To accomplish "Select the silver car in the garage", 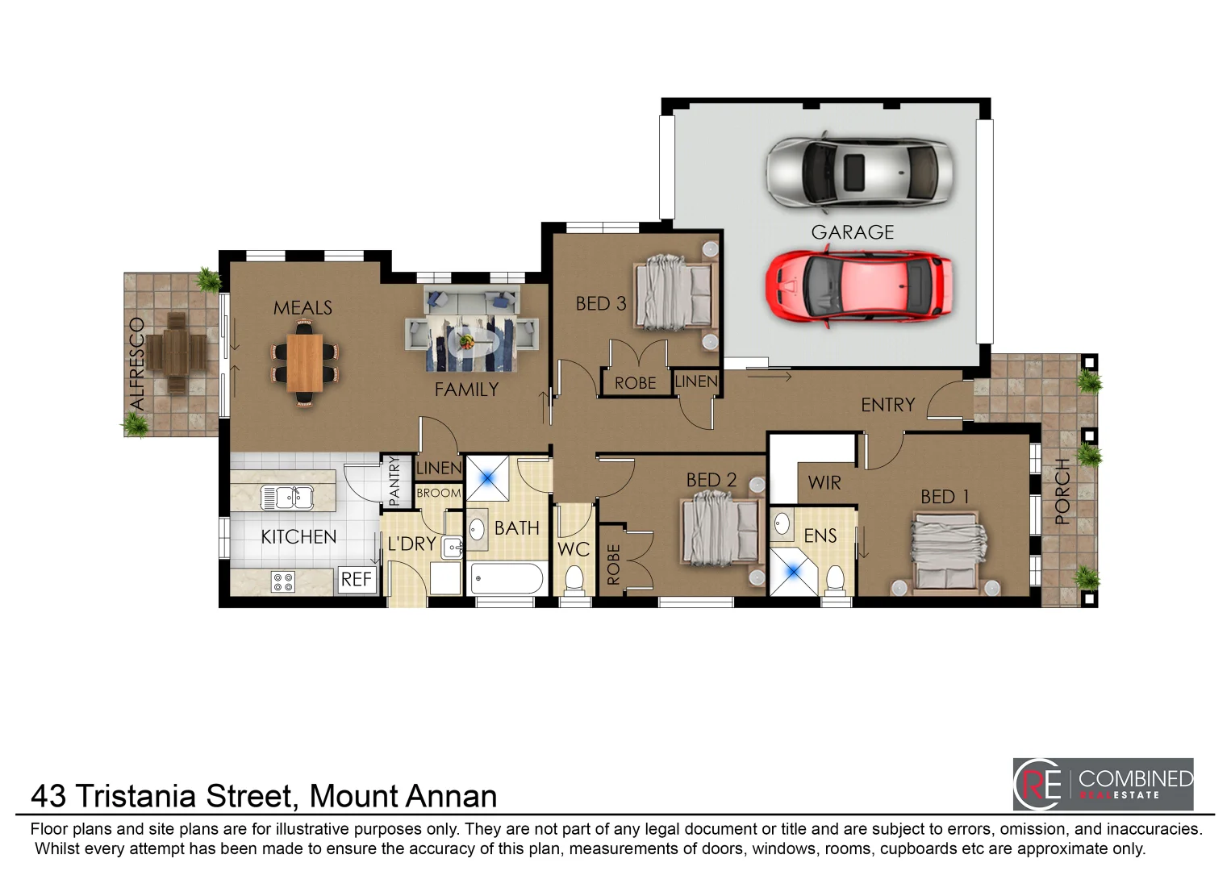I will (859, 172).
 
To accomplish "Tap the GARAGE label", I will (853, 232).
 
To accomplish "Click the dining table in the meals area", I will (305, 363).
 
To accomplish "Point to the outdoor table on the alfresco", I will (176, 352).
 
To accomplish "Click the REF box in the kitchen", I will (356, 579).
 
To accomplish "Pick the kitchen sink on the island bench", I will (286, 498).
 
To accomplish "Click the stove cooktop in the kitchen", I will (283, 581).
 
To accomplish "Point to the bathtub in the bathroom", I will (507, 579).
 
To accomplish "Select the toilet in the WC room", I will (574, 580).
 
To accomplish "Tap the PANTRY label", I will (394, 481).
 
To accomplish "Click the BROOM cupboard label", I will (439, 493).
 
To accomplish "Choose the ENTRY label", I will (887, 405).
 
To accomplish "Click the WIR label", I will (824, 483).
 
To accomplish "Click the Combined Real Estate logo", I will (1103, 784).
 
